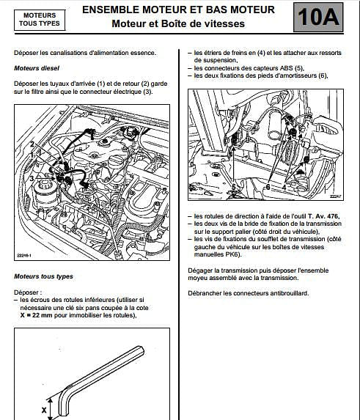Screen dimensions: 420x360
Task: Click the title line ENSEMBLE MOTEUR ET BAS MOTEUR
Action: coord(178,10)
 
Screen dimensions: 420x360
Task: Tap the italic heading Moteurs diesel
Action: coord(36,67)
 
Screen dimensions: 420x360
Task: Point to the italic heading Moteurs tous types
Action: coord(44,276)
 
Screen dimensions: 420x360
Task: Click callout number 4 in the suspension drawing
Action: coord(282,188)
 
